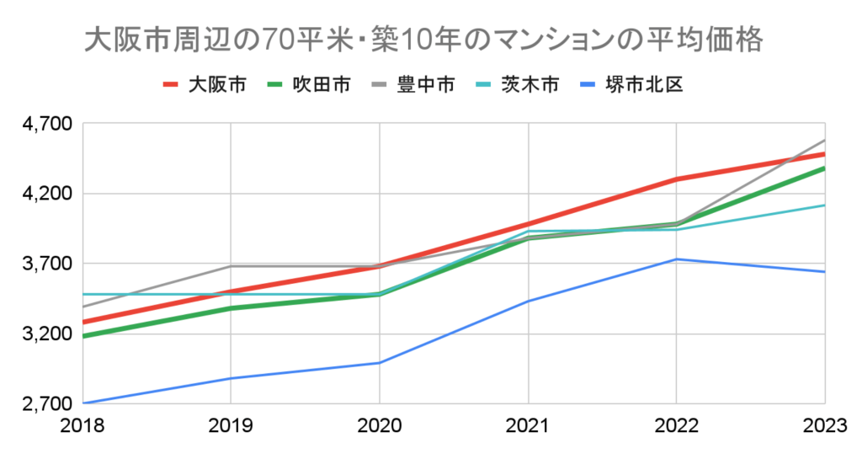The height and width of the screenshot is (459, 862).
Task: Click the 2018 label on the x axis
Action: pyautogui.click(x=81, y=428)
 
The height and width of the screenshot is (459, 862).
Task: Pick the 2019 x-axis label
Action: pyautogui.click(x=230, y=428)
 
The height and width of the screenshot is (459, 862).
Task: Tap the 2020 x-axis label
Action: pyautogui.click(x=379, y=428)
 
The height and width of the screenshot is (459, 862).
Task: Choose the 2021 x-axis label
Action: pyautogui.click(x=528, y=428)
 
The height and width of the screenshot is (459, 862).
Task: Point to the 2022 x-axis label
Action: pyautogui.click(x=677, y=428)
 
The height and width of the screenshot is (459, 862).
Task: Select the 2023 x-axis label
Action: pyautogui.click(x=823, y=428)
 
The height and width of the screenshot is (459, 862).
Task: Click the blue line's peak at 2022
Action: pyautogui.click(x=677, y=259)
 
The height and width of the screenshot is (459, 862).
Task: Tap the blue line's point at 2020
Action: pyautogui.click(x=379, y=363)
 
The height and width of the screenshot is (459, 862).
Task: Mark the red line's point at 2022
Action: pyautogui.click(x=677, y=179)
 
